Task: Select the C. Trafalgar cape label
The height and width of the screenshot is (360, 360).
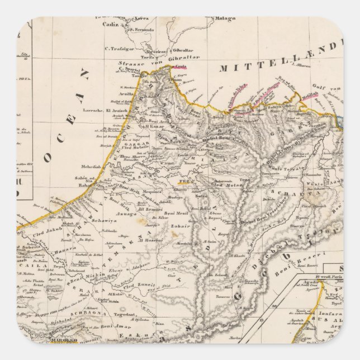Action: [x=116, y=47]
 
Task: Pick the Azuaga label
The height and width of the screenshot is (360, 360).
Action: [x=125, y=214]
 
